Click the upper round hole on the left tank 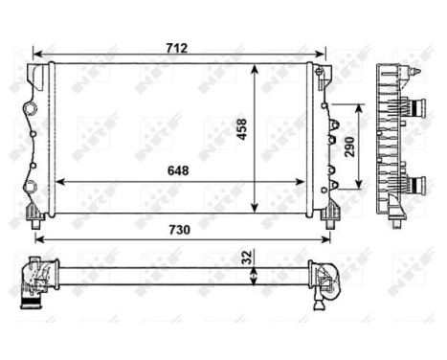32,101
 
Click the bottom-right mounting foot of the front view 330,214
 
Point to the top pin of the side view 414,71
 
